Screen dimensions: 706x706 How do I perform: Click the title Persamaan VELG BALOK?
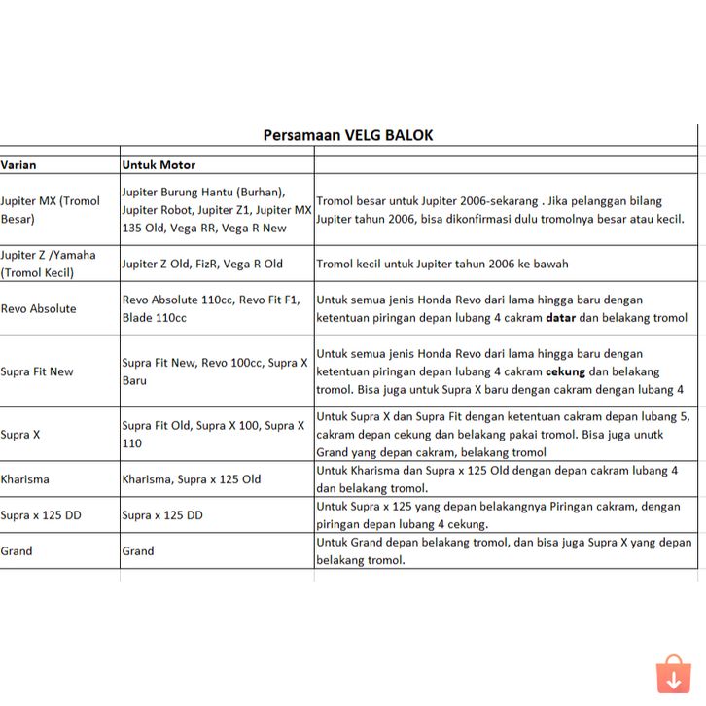click(x=348, y=135)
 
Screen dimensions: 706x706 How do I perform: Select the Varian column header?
click(x=18, y=164)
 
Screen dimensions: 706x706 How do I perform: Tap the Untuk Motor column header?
click(x=159, y=164)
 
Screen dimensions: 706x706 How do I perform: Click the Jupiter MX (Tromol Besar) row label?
click(x=51, y=210)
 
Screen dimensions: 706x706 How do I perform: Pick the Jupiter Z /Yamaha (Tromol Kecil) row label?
click(x=49, y=264)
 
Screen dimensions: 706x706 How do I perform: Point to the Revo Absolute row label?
click(x=38, y=309)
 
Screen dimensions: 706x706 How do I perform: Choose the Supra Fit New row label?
click(x=37, y=371)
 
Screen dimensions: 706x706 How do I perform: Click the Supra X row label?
click(x=20, y=435)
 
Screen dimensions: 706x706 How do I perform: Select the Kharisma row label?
click(x=25, y=479)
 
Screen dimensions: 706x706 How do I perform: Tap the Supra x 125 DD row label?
click(x=41, y=515)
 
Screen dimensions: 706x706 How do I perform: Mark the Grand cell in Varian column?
click(x=17, y=550)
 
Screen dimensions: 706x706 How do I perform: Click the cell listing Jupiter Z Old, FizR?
click(x=202, y=264)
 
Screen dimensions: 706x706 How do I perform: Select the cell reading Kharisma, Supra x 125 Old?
click(x=192, y=479)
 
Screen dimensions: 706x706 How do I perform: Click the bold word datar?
click(x=560, y=318)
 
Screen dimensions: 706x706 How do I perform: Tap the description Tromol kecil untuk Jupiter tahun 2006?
click(x=442, y=264)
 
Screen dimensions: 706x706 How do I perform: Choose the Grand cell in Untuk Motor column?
click(x=138, y=550)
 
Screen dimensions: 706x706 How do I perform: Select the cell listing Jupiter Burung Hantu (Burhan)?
click(x=216, y=210)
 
